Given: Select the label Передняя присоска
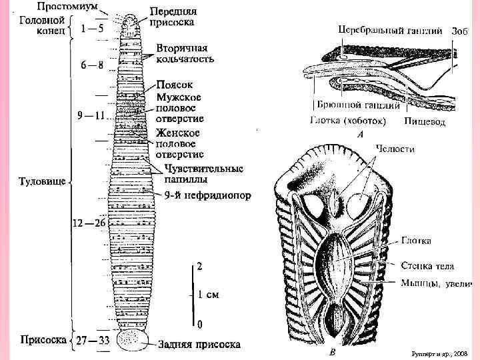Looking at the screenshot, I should (172, 17).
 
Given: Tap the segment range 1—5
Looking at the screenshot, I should (92, 29).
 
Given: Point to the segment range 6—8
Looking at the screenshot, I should (92, 65).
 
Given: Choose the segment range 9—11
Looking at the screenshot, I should (91, 115).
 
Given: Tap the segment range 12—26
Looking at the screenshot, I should (90, 223).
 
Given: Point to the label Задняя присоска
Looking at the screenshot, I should (199, 345).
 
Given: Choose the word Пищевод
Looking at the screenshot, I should (425, 122).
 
